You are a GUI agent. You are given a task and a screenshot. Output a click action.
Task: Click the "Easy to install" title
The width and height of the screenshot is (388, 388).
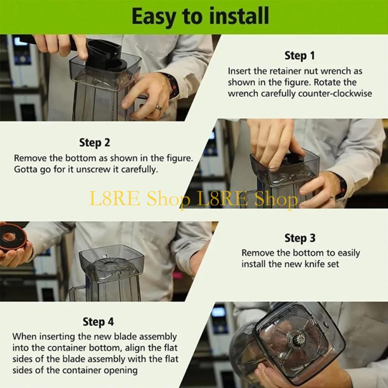[x=200, y=16]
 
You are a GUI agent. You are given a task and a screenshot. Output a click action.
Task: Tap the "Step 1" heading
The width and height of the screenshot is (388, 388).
[x=299, y=55]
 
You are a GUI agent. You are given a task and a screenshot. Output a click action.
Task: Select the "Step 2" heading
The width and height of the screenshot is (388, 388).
[x=95, y=143]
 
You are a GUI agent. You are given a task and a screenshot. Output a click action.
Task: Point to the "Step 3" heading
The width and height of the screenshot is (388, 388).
[x=300, y=238]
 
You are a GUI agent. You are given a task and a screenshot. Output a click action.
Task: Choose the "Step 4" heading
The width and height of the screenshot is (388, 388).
[x=98, y=322]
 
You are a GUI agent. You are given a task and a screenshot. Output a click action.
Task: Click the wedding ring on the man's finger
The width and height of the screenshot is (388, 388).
[x=159, y=108]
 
